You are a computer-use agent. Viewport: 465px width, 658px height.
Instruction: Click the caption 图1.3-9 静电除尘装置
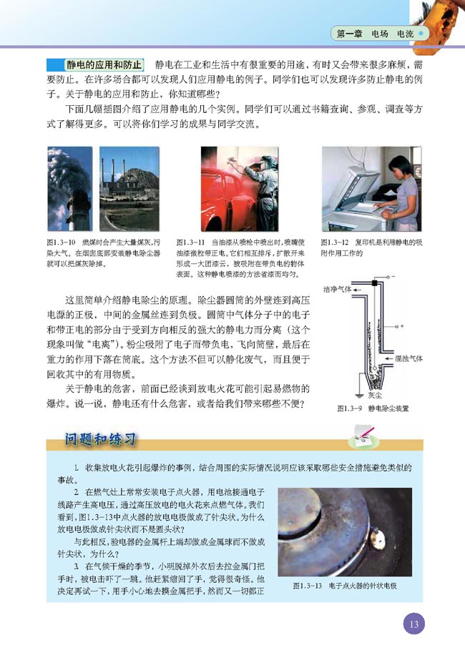[x=372, y=408]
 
